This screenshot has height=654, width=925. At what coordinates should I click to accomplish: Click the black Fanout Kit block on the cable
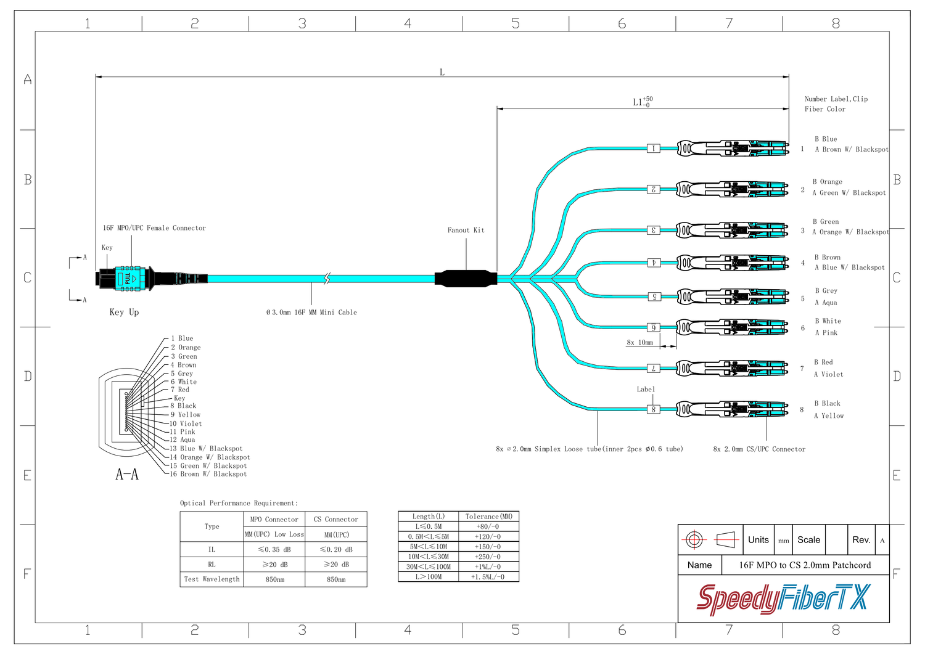click(466, 278)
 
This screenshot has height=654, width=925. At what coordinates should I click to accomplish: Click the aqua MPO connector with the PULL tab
click(129, 278)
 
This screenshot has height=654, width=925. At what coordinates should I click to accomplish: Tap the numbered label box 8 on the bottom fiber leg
click(653, 409)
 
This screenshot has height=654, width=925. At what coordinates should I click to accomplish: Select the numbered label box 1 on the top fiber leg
click(653, 149)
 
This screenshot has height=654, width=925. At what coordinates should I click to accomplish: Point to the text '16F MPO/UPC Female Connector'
click(154, 228)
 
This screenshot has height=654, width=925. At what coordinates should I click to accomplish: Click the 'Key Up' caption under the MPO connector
click(124, 313)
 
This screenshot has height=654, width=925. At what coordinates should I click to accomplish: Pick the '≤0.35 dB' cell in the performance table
click(274, 549)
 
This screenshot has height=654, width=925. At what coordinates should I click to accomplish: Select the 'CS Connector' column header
click(335, 520)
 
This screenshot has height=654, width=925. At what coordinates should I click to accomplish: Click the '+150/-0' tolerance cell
click(488, 547)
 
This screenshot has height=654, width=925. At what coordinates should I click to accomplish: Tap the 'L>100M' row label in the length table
click(428, 577)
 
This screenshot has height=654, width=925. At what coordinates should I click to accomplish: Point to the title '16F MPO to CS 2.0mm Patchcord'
click(805, 565)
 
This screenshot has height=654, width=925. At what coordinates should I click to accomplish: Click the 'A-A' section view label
click(127, 474)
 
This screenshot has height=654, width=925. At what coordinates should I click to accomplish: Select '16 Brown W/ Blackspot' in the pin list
click(208, 474)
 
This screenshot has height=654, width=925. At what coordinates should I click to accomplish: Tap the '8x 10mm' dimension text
click(639, 343)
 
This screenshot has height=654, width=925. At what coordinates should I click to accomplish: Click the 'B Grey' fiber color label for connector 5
click(826, 291)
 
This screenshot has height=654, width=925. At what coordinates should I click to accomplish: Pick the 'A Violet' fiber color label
click(828, 374)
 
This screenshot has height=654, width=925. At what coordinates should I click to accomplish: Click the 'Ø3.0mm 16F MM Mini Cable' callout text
click(311, 313)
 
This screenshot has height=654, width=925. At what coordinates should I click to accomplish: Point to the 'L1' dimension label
click(638, 102)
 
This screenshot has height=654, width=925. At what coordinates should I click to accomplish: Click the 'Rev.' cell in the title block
click(861, 540)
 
